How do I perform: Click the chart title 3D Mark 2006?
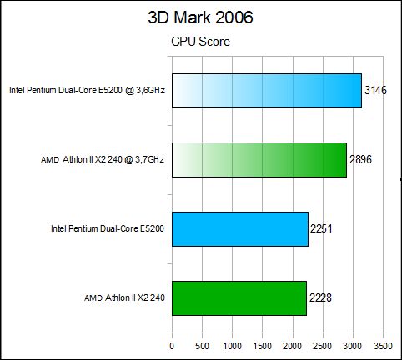coord(200,17)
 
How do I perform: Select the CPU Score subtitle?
coord(200,42)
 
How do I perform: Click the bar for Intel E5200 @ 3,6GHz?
coord(267,91)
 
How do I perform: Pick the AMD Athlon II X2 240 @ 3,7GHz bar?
coord(259,160)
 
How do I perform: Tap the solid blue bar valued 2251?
coord(240,229)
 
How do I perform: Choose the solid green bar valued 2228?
coord(239,298)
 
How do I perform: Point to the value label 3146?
coord(375,90)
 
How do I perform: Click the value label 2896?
coord(360,159)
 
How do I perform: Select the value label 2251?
coord(321,228)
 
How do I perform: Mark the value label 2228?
coord(320,297)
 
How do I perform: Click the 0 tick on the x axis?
coord(172,346)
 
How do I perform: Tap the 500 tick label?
coord(202,346)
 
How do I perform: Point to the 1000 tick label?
coord(233,346)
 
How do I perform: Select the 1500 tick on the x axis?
coord(263,346)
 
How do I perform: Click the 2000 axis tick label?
coord(293,346)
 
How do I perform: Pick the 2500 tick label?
coord(323,346)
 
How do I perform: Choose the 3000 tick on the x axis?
coord(353,346)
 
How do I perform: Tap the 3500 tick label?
coord(383,346)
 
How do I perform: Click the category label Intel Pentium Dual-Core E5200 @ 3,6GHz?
coord(87,90)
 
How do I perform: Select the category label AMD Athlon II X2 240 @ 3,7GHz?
coord(103,159)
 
